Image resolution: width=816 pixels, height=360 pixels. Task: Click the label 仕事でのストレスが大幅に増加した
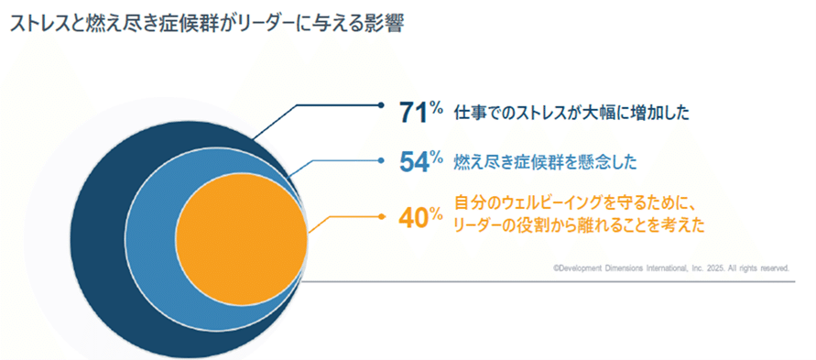(x=571, y=114)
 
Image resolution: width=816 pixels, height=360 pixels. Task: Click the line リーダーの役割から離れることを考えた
(x=579, y=224)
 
